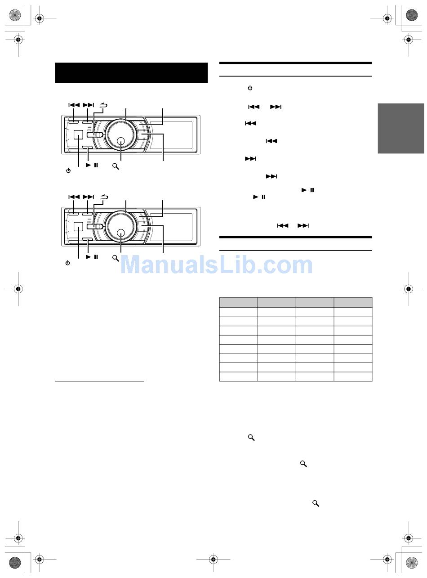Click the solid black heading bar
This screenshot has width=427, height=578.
click(x=131, y=72)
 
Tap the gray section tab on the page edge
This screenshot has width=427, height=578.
click(x=400, y=128)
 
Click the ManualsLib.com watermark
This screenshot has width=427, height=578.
click(x=216, y=265)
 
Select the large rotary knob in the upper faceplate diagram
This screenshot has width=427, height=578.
click(x=121, y=134)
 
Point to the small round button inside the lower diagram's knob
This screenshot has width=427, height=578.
click(x=121, y=233)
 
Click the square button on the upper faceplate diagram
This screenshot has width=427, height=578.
click(x=78, y=135)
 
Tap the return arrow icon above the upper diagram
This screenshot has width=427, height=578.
click(x=104, y=105)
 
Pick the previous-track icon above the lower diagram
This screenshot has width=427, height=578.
click(x=74, y=197)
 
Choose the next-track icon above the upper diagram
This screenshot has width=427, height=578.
click(x=88, y=105)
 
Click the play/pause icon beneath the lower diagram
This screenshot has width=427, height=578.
click(x=92, y=257)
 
